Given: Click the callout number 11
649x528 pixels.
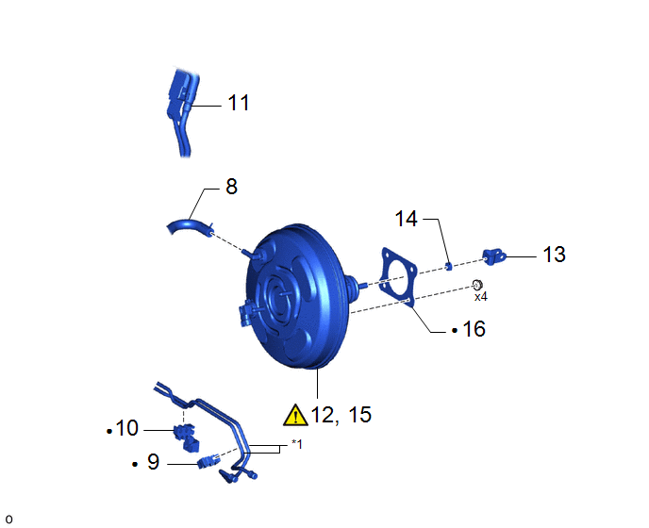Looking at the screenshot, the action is [239, 103].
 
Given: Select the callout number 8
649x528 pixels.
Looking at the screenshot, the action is [231, 187].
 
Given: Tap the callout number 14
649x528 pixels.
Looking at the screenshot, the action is [406, 219].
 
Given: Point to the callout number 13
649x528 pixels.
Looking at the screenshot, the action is [555, 255].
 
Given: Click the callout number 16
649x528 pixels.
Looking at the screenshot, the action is [474, 329].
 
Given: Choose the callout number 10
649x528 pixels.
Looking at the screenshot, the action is [127, 428].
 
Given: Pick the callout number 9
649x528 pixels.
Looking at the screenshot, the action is [153, 461].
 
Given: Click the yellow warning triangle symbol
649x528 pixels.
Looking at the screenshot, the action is [295, 415].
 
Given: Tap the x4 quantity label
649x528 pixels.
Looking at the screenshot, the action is [481, 297].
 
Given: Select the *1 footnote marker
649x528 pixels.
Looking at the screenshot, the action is [297, 444].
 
